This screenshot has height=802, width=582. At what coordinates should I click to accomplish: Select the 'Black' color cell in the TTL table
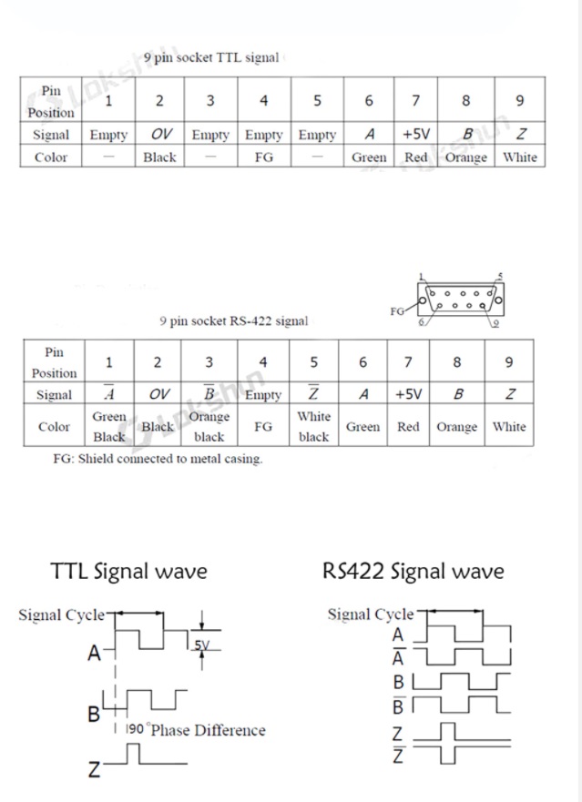pyautogui.click(x=159, y=157)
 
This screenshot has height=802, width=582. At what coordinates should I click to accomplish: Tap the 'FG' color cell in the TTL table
pyautogui.click(x=263, y=157)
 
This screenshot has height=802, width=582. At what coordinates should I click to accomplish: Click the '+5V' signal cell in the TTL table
pyautogui.click(x=415, y=134)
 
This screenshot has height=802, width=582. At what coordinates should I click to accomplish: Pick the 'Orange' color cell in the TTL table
pyautogui.click(x=465, y=157)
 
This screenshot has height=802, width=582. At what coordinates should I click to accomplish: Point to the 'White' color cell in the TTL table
pyautogui.click(x=519, y=157)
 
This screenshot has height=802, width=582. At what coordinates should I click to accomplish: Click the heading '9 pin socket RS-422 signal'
pyautogui.click(x=233, y=320)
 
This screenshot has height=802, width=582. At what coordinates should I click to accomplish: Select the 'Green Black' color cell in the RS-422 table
pyautogui.click(x=109, y=426)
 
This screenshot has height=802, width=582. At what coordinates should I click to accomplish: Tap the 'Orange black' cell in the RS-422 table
pyautogui.click(x=209, y=426)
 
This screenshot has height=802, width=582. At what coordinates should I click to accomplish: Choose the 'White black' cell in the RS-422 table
pyautogui.click(x=313, y=426)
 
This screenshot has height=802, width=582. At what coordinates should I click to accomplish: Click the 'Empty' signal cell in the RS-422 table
pyautogui.click(x=263, y=395)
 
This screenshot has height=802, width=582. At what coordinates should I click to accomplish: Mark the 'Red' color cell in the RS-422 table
pyautogui.click(x=408, y=426)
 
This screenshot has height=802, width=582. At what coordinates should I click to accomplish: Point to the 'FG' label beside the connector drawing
pyautogui.click(x=397, y=310)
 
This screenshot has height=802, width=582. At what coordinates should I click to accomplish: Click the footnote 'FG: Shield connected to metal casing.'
pyautogui.click(x=157, y=459)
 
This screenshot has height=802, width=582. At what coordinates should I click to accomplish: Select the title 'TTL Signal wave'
pyautogui.click(x=128, y=572)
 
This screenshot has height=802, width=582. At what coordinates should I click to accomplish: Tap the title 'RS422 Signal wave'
pyautogui.click(x=413, y=572)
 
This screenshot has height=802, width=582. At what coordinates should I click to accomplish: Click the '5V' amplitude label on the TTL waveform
pyautogui.click(x=201, y=645)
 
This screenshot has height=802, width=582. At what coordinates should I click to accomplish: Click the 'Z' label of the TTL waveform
pyautogui.click(x=94, y=770)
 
